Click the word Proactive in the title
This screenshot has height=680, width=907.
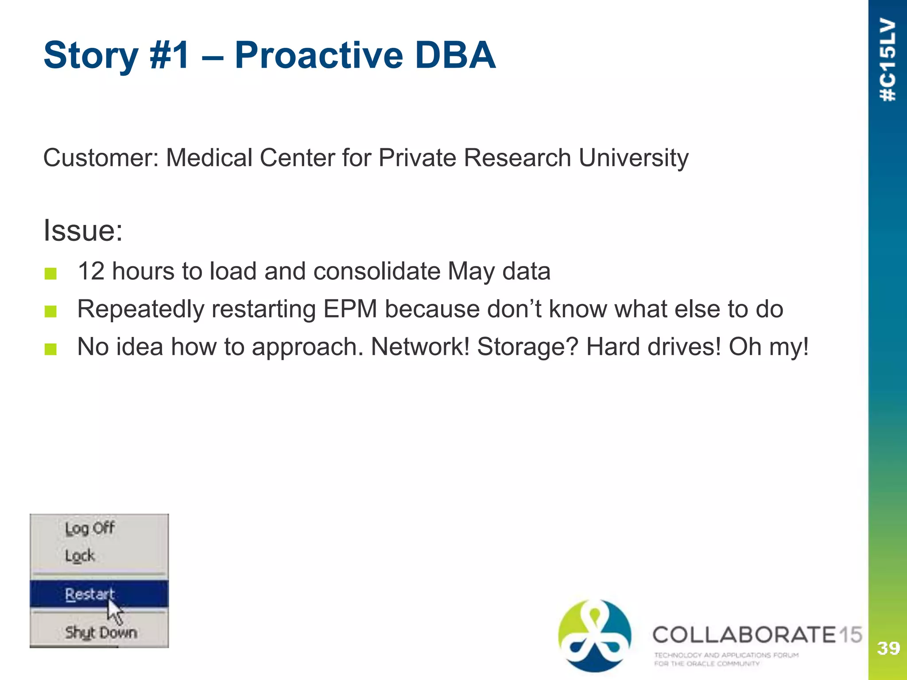click(x=318, y=55)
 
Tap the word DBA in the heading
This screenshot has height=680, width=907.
click(x=454, y=55)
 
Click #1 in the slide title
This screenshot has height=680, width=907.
click(x=170, y=55)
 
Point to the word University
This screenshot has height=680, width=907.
click(x=633, y=158)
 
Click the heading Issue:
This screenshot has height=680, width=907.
click(x=83, y=231)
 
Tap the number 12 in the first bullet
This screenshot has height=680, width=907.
click(x=91, y=271)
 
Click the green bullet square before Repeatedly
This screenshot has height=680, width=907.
click(x=50, y=311)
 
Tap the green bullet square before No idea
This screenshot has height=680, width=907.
click(x=50, y=349)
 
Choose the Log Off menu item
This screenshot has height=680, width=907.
click(x=89, y=528)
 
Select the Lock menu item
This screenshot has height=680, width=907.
click(x=80, y=556)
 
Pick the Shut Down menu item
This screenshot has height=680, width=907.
click(x=101, y=632)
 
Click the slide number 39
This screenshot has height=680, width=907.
click(x=888, y=649)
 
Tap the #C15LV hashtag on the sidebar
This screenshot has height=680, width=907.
click(x=888, y=60)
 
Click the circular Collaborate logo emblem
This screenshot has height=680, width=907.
click(x=594, y=635)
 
